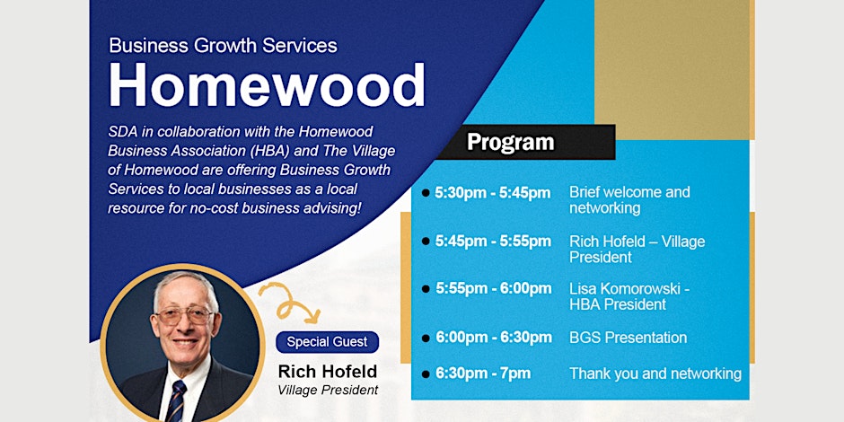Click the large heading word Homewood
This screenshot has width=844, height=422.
coord(267,85)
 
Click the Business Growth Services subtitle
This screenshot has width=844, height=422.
coord(224,45)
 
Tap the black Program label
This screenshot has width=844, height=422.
coord(510,142)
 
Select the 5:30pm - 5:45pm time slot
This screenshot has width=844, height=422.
coord(493,193)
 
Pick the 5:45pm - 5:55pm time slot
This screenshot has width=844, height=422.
coord(493,242)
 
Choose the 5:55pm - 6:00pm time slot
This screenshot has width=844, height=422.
coord(494,289)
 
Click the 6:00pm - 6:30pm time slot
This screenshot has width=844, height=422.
coord(494,338)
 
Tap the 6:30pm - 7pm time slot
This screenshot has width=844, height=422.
coord(483,373)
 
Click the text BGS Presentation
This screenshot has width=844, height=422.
coord(629,338)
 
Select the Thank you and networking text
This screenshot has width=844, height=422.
coord(655,374)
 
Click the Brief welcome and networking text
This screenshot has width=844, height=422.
coord(629,200)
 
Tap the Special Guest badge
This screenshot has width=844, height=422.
coord(327,342)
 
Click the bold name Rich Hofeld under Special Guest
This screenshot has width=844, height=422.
coord(327,372)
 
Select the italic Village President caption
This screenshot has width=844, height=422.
coord(328,390)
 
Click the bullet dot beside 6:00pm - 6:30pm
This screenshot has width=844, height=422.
coord(426,338)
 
